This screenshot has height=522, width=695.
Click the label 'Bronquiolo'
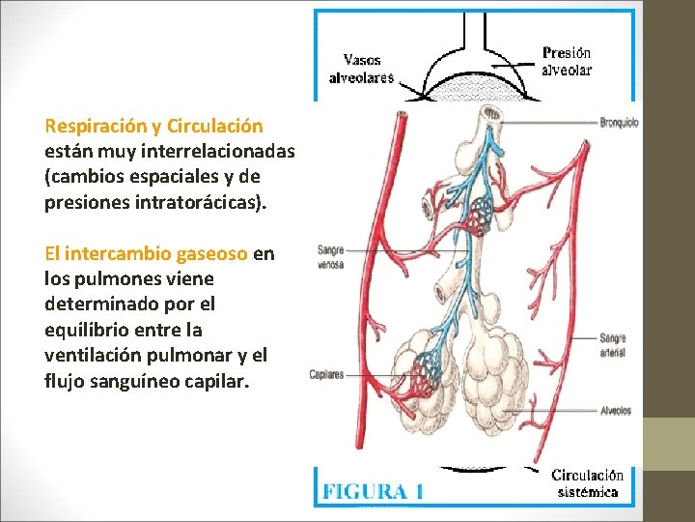coord(619,123)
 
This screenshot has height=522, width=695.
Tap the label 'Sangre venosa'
coord(331,256)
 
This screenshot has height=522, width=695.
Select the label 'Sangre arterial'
coord(612,345)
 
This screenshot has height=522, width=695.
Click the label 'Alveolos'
coord(614,411)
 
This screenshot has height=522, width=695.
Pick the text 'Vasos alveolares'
coord(361,70)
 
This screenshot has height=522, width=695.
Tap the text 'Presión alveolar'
coord(567,61)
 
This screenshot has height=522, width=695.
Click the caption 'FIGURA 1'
coord(374,490)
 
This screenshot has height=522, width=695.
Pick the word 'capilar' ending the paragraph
coord(217,381)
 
